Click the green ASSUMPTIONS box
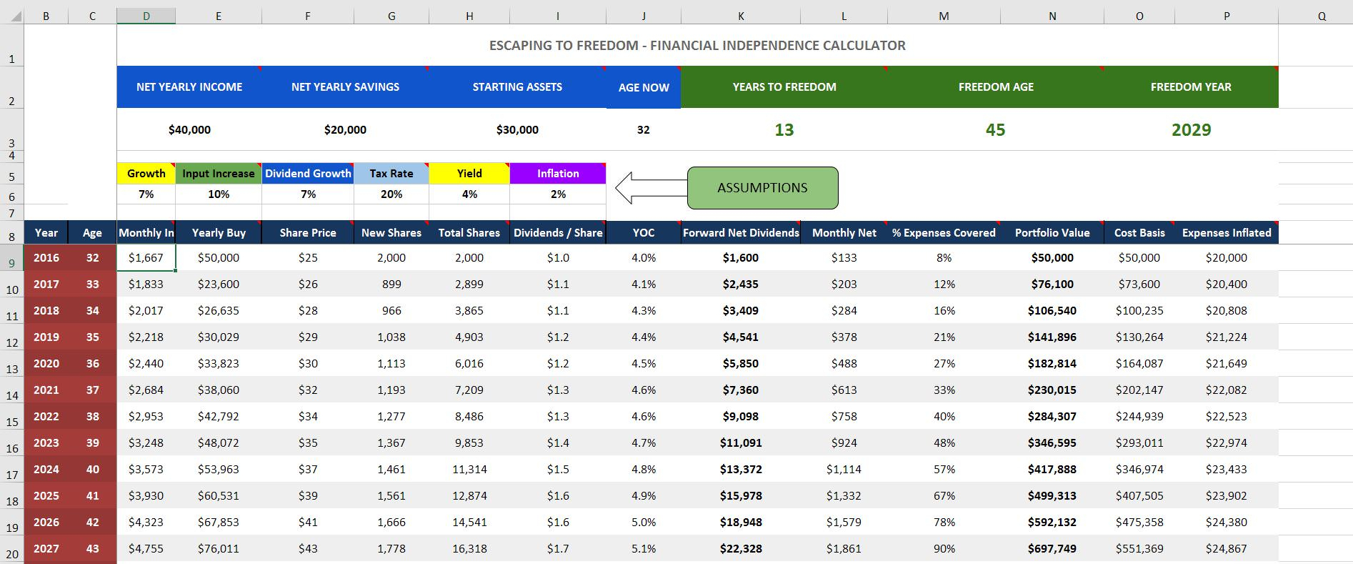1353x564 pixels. pos(762,188)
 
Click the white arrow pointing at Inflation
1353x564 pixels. pos(646,188)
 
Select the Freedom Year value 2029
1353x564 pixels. pos(1191,129)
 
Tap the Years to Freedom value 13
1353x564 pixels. pos(784,129)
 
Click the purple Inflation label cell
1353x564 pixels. pos(558,173)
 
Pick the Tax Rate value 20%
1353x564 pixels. pos(391,194)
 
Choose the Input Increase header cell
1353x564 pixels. pos(219,173)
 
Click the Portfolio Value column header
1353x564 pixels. pos(1052,232)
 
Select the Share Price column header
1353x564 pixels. pos(308,232)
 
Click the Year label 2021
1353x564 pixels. pos(46,390)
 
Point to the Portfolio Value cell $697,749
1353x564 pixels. pos(1052,548)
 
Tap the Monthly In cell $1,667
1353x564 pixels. pos(146,257)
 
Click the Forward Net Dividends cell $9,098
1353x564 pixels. pos(740,416)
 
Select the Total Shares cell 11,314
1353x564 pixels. pos(469,469)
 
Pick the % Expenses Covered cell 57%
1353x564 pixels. pos(944,469)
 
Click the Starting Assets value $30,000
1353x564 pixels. pos(517,129)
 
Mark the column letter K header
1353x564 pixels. pos(741,16)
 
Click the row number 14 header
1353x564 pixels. pos(12,395)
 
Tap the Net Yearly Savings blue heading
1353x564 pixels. pos(345,86)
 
